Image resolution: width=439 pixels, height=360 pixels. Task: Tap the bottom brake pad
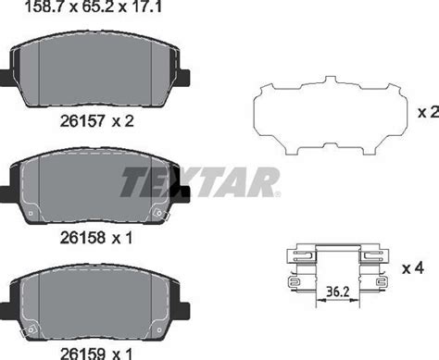point(98,304)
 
